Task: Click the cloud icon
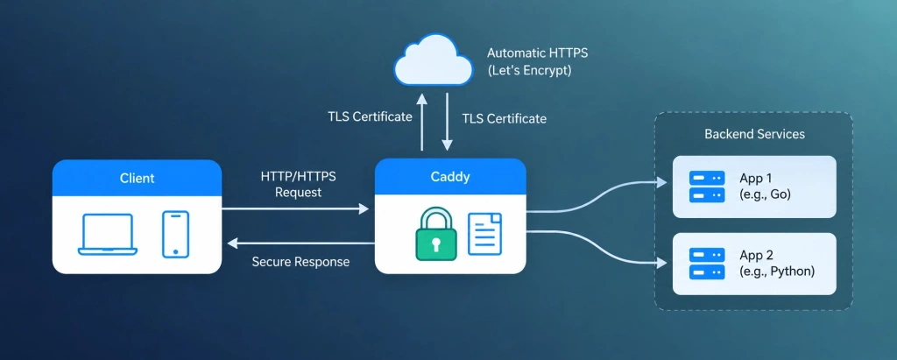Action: (x=433, y=60)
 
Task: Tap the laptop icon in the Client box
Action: (x=108, y=234)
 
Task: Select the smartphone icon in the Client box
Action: (x=175, y=234)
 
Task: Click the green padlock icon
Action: (x=436, y=234)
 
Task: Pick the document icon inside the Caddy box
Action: (x=484, y=234)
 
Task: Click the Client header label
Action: (x=137, y=178)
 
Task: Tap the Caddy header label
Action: (x=450, y=177)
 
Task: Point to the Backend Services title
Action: (x=754, y=134)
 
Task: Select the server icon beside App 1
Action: (x=707, y=186)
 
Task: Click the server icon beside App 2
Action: (x=707, y=264)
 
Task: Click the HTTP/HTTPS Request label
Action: (x=298, y=184)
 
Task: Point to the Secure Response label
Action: (x=300, y=262)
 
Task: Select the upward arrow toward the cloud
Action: (x=421, y=122)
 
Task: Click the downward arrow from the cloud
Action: (x=448, y=122)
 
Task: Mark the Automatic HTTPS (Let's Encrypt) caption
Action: (x=537, y=62)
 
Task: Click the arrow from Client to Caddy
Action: (x=295, y=208)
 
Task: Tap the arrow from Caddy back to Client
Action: (x=301, y=244)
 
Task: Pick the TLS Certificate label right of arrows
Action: (x=504, y=118)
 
